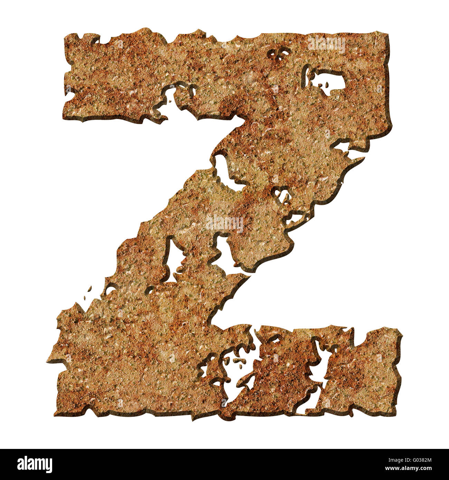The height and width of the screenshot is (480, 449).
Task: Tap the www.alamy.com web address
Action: click(414, 469)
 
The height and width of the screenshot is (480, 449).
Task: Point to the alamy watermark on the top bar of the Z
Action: click(326, 44)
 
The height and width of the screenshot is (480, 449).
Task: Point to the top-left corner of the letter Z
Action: click(66, 36)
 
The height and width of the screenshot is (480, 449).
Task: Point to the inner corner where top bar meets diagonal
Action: click(242, 119)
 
